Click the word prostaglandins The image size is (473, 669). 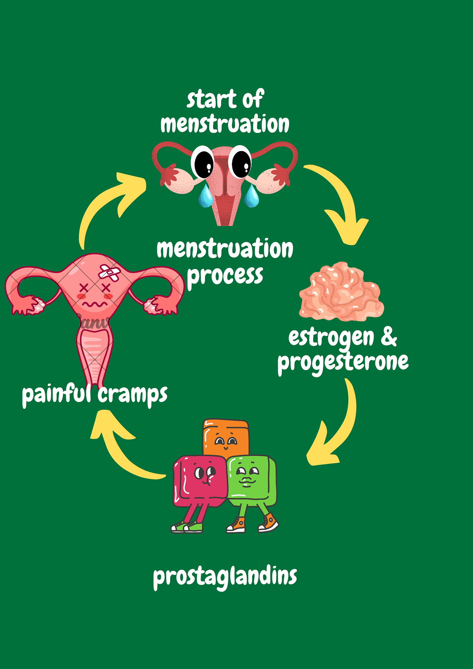(x=225, y=577)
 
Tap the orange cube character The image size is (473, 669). (x=226, y=437)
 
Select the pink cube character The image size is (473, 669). (x=199, y=481)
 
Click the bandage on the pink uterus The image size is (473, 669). (x=110, y=273)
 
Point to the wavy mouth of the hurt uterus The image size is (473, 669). (x=94, y=305)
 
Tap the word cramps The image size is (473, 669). (x=132, y=395)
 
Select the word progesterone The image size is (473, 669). (x=343, y=362)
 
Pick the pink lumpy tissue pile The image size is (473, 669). (x=341, y=292)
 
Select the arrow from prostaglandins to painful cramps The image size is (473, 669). (x=120, y=448)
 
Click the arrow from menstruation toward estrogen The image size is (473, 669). (x=341, y=201)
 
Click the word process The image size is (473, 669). (x=225, y=275)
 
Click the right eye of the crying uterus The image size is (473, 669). (x=240, y=161)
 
